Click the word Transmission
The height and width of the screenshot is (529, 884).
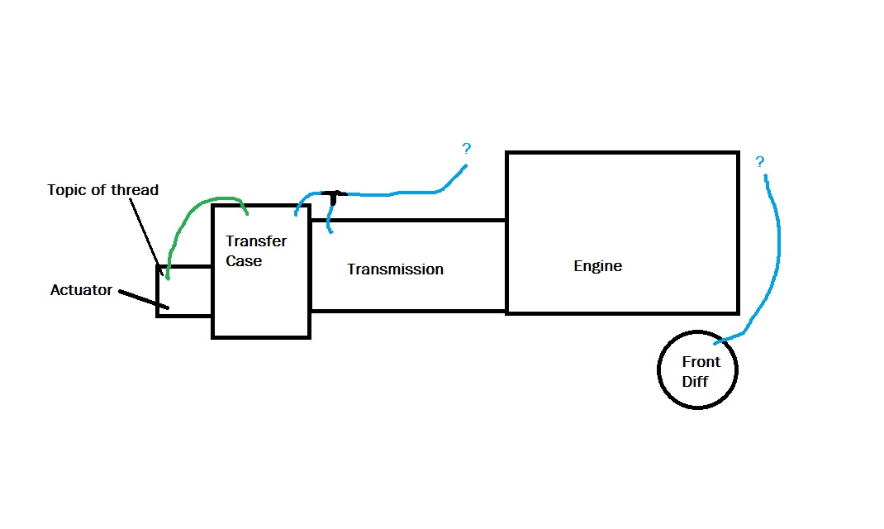pyautogui.click(x=395, y=269)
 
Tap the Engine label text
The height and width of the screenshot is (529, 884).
pyautogui.click(x=597, y=266)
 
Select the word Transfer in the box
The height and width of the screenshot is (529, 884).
pyautogui.click(x=256, y=241)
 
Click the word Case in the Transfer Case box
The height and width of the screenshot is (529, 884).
pyautogui.click(x=244, y=261)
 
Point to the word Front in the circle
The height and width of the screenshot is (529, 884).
pyautogui.click(x=701, y=361)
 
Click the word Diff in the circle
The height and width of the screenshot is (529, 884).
pyautogui.click(x=695, y=382)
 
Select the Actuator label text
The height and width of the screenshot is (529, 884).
pyautogui.click(x=81, y=290)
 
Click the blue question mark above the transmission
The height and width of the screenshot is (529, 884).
pyautogui.click(x=466, y=148)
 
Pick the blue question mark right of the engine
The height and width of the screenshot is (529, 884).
pyautogui.click(x=759, y=162)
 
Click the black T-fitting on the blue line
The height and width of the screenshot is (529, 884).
pyautogui.click(x=334, y=196)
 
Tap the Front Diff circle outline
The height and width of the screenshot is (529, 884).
pyautogui.click(x=658, y=370)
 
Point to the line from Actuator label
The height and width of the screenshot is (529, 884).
pyautogui.click(x=144, y=299)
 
